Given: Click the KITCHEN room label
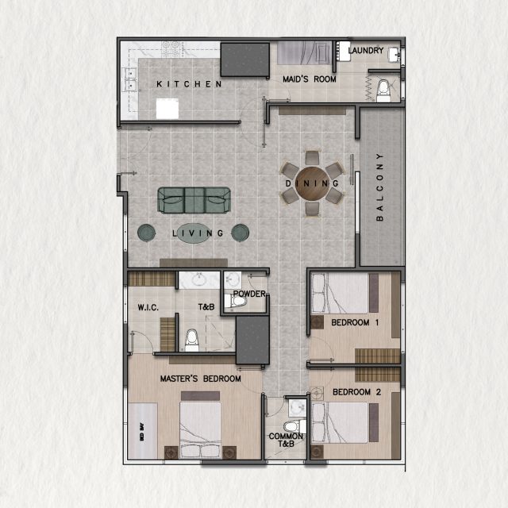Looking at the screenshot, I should (x=187, y=84).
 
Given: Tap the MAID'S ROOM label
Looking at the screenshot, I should (x=310, y=79).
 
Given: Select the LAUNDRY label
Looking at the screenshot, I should (x=366, y=52).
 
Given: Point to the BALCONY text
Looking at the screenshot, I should (x=380, y=186).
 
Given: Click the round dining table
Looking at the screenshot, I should (x=313, y=183).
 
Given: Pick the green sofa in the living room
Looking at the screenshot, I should (x=194, y=200).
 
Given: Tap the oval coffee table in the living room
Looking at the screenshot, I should (x=193, y=233).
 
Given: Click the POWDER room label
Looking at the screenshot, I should (x=248, y=294).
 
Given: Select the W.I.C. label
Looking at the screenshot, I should (x=149, y=306).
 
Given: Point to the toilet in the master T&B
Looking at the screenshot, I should (x=190, y=341).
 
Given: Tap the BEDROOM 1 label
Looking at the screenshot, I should (x=355, y=321).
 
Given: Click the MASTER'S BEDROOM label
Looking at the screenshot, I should (x=200, y=379).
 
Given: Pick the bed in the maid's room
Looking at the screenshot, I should (x=303, y=53).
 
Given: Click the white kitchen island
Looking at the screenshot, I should (x=167, y=108).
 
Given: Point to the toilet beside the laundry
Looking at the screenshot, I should (x=384, y=89).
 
